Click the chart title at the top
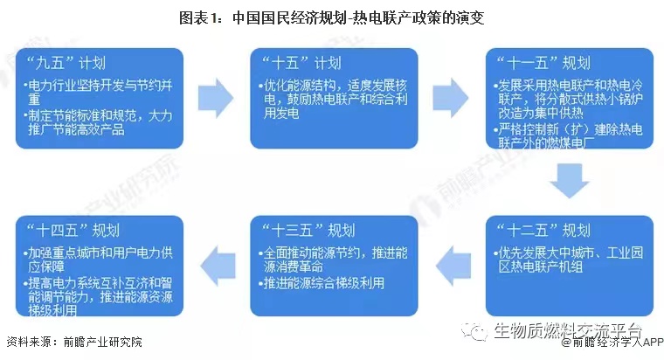(x=332, y=17)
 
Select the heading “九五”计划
(x=66, y=63)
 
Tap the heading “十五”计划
(x=301, y=63)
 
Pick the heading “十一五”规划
(x=543, y=63)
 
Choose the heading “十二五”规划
(x=543, y=231)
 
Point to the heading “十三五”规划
(x=308, y=231)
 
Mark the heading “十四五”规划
(x=73, y=231)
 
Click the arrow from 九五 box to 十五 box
(x=216, y=98)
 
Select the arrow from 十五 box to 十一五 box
(x=451, y=98)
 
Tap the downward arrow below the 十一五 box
(x=570, y=181)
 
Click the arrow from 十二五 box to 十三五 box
(x=453, y=266)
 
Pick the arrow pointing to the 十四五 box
(x=218, y=266)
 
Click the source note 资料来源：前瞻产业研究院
(x=74, y=342)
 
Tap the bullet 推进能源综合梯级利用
(x=322, y=283)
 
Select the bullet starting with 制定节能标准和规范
(x=98, y=122)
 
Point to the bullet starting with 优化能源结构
(x=333, y=99)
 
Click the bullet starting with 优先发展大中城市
(x=568, y=260)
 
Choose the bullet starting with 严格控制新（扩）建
(x=568, y=136)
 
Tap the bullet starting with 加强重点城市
(x=98, y=260)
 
